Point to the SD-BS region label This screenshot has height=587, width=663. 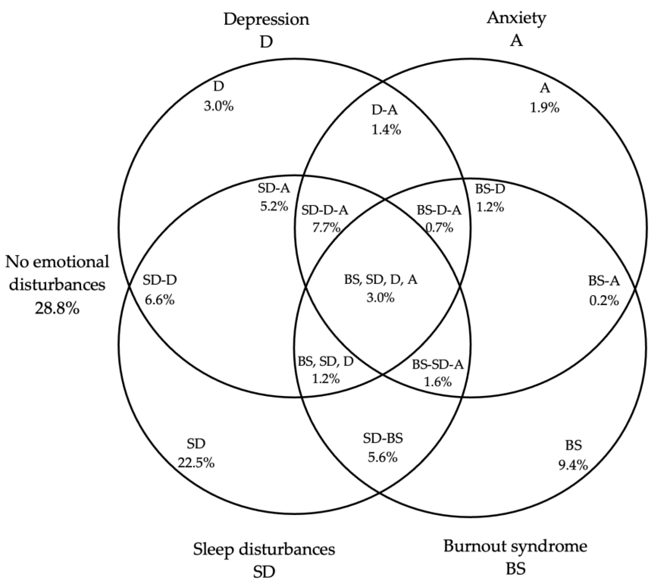[x=383, y=439]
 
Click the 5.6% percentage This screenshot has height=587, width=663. [x=383, y=457]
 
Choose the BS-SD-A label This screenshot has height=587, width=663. [x=438, y=365]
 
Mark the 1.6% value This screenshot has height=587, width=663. [x=438, y=382]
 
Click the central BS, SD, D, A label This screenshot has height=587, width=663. [x=381, y=279]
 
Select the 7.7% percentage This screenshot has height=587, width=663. [x=326, y=228]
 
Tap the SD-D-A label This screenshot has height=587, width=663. [x=325, y=210]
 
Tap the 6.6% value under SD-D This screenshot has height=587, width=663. [x=160, y=300]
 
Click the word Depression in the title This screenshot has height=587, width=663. [x=266, y=19]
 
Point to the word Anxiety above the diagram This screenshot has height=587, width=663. [x=516, y=18]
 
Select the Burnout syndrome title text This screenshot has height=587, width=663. [x=515, y=546]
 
